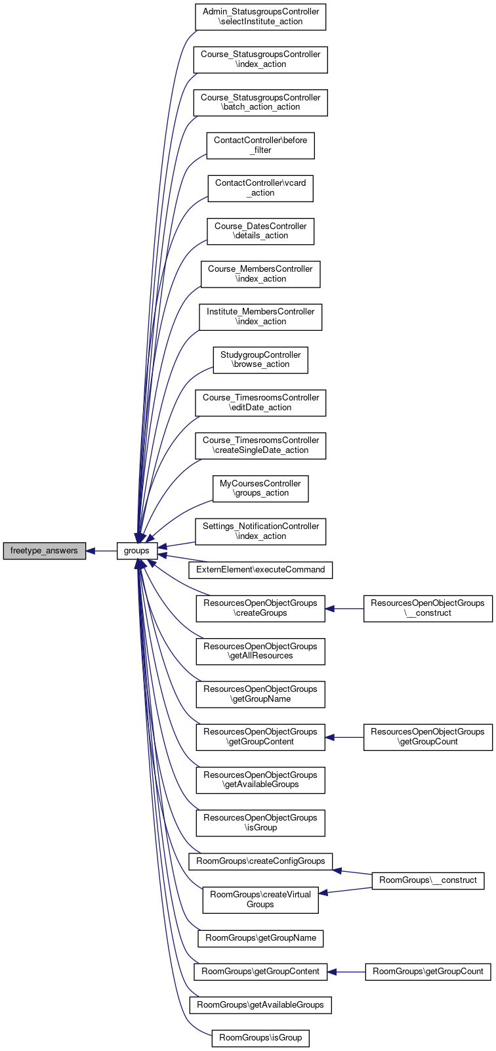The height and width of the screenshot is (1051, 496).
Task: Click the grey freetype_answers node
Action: tap(44, 551)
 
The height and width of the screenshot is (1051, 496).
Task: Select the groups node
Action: tap(136, 551)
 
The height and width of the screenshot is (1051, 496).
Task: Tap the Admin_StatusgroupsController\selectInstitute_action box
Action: tap(260, 17)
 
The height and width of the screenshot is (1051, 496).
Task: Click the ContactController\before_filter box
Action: tap(260, 146)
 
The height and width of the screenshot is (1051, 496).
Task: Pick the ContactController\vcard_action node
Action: tap(260, 188)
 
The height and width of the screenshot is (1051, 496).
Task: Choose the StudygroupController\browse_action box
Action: tap(260, 360)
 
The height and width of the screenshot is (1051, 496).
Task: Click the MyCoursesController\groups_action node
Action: tap(260, 488)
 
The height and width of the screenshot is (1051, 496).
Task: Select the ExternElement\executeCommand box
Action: tap(260, 570)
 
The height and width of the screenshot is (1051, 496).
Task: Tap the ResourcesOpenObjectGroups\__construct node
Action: tap(428, 609)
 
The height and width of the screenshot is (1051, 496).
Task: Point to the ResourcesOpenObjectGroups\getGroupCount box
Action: tap(428, 737)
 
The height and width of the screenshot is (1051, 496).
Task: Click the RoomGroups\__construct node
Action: tap(428, 881)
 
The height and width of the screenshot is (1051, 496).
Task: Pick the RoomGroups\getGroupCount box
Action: tap(428, 972)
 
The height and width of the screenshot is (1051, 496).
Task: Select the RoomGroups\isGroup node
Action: tap(260, 1038)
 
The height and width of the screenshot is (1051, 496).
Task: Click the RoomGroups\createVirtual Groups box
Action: tap(260, 900)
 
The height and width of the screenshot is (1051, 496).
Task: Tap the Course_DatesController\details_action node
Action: tap(260, 231)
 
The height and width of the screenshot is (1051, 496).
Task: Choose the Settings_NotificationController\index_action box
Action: tap(260, 532)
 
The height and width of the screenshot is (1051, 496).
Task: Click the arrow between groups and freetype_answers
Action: tap(102, 551)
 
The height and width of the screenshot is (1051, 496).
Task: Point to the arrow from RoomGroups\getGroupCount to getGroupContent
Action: tap(346, 972)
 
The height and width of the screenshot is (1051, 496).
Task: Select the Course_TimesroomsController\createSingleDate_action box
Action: tap(260, 446)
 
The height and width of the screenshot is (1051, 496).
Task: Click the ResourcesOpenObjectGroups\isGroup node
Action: tap(260, 823)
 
